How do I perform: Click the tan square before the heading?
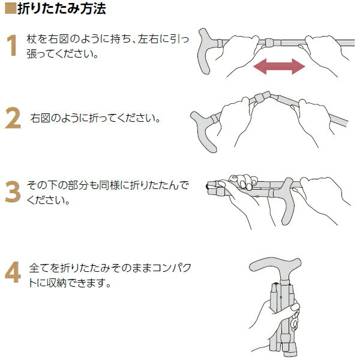click(11, 9)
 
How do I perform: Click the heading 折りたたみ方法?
click(62, 9)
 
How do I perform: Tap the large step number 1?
click(12, 45)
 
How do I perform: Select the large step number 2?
click(13, 118)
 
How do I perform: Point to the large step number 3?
click(13, 192)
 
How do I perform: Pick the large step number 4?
click(13, 272)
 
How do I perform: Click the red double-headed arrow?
click(279, 67)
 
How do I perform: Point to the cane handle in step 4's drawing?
click(275, 266)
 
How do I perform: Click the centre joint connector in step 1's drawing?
click(269, 43)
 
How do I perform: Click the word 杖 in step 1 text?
click(31, 39)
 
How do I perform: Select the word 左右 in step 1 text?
click(148, 39)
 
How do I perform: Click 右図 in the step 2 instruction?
click(40, 118)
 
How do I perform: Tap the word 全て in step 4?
click(39, 268)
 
